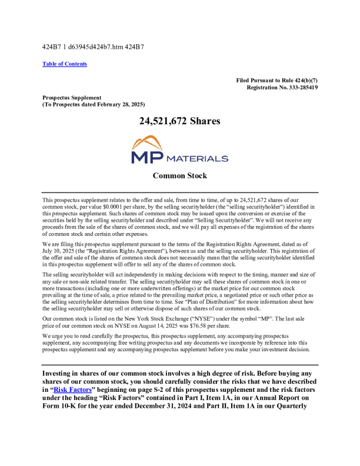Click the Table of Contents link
65,64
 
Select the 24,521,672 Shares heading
179,121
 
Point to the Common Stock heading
179,176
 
